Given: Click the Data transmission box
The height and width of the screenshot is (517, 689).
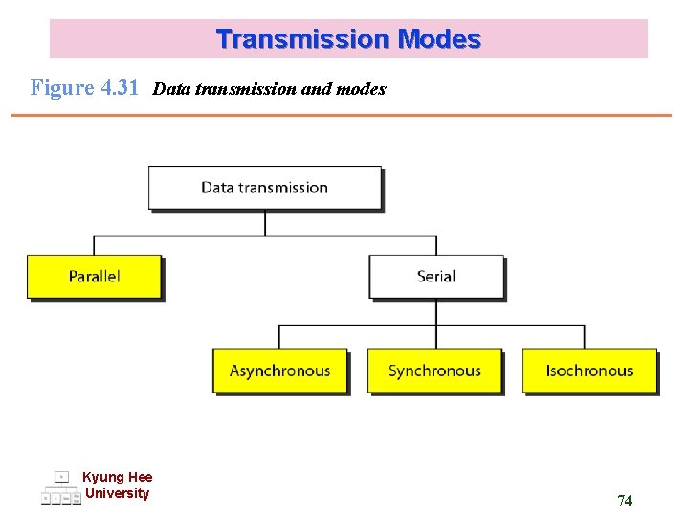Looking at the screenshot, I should pyautogui.click(x=264, y=188).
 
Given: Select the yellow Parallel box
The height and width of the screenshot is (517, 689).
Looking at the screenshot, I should pyautogui.click(x=94, y=277).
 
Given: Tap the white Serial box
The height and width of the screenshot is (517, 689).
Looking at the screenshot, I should pyautogui.click(x=436, y=277).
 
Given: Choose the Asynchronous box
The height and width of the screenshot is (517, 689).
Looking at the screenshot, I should pyautogui.click(x=279, y=371).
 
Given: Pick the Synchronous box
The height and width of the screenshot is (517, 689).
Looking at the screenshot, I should pyautogui.click(x=434, y=371).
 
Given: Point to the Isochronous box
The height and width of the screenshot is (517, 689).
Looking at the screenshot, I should pyautogui.click(x=589, y=371).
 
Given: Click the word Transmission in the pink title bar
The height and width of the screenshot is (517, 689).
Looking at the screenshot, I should pyautogui.click(x=302, y=39).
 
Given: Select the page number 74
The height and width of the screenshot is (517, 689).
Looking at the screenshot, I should pyautogui.click(x=624, y=500).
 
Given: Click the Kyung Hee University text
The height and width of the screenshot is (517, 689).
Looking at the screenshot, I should pyautogui.click(x=117, y=485).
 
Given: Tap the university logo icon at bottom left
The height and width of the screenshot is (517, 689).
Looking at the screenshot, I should pyautogui.click(x=61, y=488).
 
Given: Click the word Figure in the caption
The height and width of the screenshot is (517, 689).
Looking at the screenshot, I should pyautogui.click(x=62, y=88).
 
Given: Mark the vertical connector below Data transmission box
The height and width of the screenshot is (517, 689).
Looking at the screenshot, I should pyautogui.click(x=265, y=223).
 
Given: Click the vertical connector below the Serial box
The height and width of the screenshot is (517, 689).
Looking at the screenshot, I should pyautogui.click(x=436, y=312).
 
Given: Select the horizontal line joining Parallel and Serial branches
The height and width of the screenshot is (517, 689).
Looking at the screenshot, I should pyautogui.click(x=265, y=236).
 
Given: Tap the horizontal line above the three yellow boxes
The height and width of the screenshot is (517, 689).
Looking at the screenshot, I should pyautogui.click(x=431, y=326).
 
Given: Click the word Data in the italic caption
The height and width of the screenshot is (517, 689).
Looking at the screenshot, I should pyautogui.click(x=170, y=89).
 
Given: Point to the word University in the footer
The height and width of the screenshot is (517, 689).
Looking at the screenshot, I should pyautogui.click(x=117, y=494).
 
